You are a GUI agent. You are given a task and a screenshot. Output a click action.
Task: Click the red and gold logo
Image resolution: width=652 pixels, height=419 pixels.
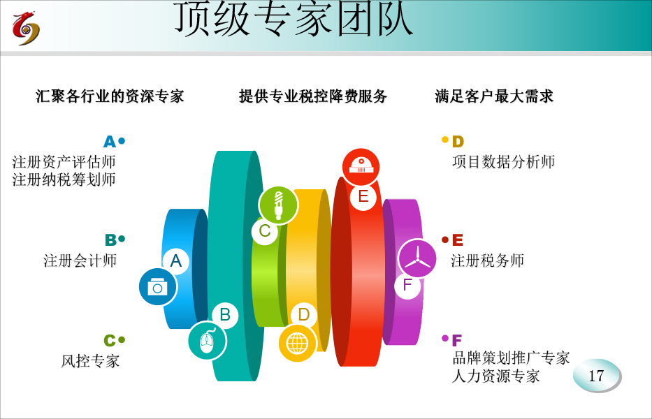tap(26, 28)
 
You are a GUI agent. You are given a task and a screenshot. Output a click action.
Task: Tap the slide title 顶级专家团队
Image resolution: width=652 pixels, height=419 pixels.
tap(293, 18)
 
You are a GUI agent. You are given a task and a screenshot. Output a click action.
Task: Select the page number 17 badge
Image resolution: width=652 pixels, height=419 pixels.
tap(597, 376)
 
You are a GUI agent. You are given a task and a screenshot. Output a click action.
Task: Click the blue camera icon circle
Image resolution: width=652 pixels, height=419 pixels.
tap(158, 287)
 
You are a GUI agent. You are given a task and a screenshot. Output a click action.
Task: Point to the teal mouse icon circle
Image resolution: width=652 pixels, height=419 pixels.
tap(207, 341)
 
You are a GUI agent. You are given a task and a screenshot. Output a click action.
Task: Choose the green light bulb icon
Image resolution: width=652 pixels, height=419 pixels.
tap(278, 205)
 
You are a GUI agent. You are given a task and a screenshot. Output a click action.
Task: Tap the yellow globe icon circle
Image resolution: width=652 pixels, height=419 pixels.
tap(297, 344)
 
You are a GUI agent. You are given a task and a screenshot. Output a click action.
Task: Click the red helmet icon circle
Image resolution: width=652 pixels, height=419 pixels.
tap(361, 167)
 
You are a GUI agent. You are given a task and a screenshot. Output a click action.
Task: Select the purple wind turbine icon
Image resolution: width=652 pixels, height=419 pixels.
tap(417, 258)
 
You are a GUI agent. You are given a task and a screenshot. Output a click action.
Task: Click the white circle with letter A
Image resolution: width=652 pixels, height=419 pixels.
tap(176, 261)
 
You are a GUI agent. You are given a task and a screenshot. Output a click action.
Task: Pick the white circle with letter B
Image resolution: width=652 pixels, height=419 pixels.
tap(225, 315)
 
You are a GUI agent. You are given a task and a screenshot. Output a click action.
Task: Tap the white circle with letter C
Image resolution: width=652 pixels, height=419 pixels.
tap(265, 230)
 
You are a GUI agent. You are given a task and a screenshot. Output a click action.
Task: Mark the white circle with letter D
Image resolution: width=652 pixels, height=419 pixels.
tap(304, 315)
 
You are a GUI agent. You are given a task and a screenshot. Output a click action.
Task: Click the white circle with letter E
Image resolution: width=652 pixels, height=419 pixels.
tap(363, 197)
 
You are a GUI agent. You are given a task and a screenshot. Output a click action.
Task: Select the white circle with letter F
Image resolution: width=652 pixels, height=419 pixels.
tap(407, 285)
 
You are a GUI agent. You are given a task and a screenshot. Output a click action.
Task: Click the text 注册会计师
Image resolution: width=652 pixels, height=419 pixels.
tap(80, 260)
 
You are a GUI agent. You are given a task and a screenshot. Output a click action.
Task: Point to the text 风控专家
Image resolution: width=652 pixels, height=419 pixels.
tap(90, 361)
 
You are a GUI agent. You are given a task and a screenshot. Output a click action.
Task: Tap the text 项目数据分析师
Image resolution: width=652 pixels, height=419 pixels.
tap(504, 161)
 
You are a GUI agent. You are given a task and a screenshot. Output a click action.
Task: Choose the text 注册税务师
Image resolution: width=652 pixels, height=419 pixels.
tap(487, 260)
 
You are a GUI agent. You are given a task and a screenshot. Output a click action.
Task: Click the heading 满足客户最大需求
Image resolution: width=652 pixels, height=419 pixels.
tap(494, 96)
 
